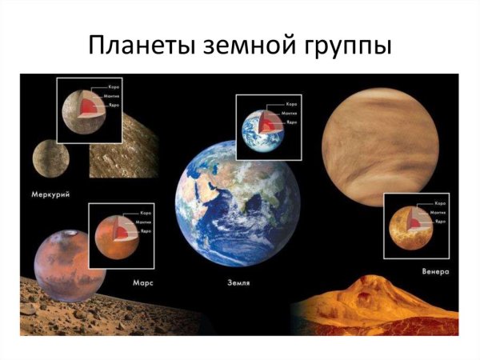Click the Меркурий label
[50, 192]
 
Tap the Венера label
[436, 272]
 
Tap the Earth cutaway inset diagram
[269, 128]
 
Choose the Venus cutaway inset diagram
[415, 225]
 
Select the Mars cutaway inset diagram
[121, 235]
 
